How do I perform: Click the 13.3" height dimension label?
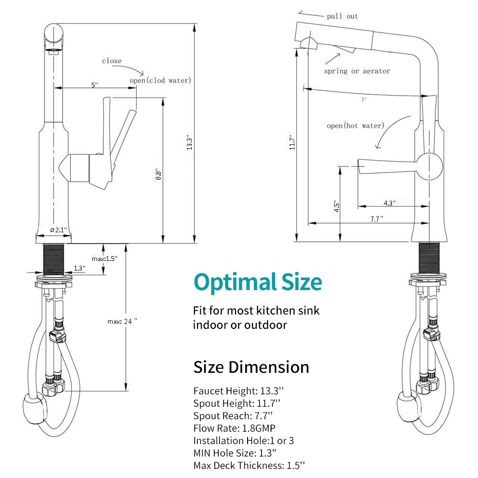(x=190, y=142)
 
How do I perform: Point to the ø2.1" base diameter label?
(x=58, y=230)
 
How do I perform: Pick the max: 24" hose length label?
(x=122, y=321)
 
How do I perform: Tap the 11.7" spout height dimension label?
(x=292, y=142)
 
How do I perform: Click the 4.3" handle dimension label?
(x=390, y=203)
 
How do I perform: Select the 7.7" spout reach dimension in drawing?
(x=377, y=218)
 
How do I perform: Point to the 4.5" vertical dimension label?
(x=337, y=206)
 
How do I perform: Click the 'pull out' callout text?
(x=342, y=16)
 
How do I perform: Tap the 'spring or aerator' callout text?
(x=357, y=71)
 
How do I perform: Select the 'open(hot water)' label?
(x=355, y=126)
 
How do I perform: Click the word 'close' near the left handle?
(x=112, y=61)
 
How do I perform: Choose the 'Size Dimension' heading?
(x=251, y=367)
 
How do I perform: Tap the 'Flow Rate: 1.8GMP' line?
(x=234, y=428)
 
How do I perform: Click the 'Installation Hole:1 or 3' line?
(x=243, y=440)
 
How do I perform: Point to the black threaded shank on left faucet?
(x=54, y=258)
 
